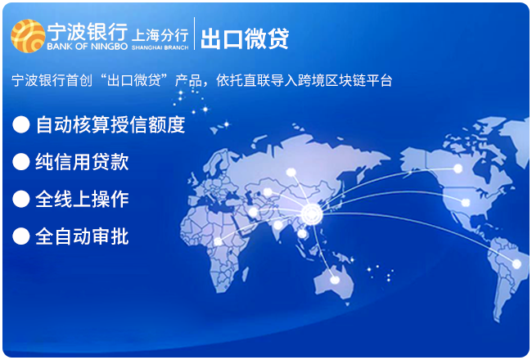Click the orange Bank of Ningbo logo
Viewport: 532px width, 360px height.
(28, 36)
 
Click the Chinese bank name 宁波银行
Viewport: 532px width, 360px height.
(88, 32)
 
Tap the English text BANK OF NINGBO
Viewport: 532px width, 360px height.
(88, 47)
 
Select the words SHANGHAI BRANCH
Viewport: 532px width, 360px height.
(160, 47)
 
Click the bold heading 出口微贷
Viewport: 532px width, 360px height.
(245, 38)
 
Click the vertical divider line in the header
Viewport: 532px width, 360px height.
(195, 34)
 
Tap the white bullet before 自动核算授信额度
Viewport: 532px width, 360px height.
(21, 124)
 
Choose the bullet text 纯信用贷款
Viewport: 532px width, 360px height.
(82, 161)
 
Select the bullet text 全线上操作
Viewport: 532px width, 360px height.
(82, 199)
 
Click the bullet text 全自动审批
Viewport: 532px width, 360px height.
(82, 236)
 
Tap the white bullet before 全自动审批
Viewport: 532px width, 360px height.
(21, 236)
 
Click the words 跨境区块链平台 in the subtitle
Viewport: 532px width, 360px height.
(345, 81)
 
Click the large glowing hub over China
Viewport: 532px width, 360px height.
(312, 214)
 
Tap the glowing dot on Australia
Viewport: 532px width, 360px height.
(335, 280)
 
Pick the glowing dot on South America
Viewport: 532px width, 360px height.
(516, 263)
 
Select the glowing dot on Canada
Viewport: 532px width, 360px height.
(458, 169)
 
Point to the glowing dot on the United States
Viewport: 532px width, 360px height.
(466, 203)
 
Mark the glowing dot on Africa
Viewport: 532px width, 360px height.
(219, 241)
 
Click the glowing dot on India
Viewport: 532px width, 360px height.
(278, 225)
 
